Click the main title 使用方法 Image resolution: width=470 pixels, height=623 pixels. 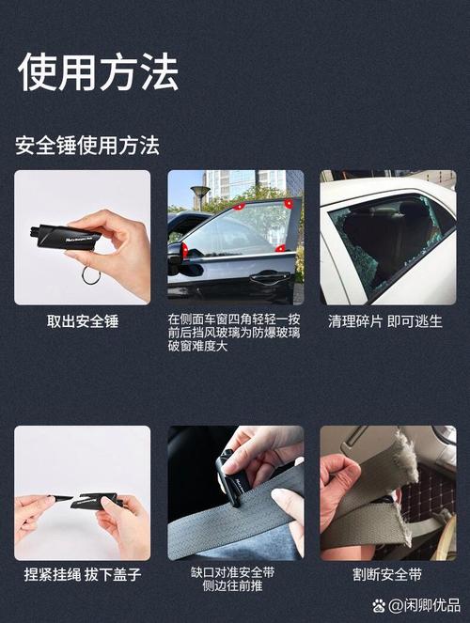coord(98,72)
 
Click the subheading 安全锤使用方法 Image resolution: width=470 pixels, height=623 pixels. coord(87,145)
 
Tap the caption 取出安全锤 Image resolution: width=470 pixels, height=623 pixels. coord(83,321)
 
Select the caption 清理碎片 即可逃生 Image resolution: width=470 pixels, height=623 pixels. coord(385,321)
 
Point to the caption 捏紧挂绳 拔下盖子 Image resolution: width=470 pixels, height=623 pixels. coord(83,574)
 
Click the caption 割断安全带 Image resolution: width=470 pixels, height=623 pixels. coord(387,574)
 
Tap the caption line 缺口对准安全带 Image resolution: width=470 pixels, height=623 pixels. coord(232,572)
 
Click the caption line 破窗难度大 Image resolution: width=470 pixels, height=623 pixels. coord(197,346)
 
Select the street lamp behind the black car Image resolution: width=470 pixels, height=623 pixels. coord(200,196)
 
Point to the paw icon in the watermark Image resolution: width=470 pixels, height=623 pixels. coord(379,605)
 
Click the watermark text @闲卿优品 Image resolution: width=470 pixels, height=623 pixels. coord(424,605)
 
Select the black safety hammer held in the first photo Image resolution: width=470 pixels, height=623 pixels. coord(66,237)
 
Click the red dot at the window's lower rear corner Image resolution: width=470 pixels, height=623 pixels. coord(280,248)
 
